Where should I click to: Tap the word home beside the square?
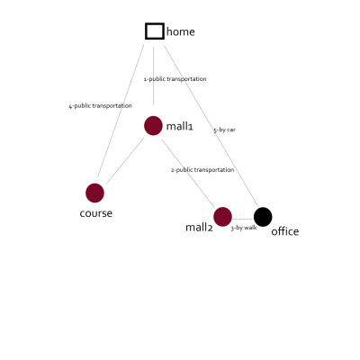pyautogui.click(x=181, y=31)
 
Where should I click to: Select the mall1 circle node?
pyautogui.click(x=153, y=126)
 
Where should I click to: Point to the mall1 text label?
pyautogui.click(x=180, y=126)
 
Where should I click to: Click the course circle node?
pyautogui.click(x=94, y=193)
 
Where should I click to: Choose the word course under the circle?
pyautogui.click(x=96, y=213)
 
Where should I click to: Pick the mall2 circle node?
pyautogui.click(x=222, y=217)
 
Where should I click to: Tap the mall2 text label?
pyautogui.click(x=199, y=228)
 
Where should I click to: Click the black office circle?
pyautogui.click(x=263, y=217)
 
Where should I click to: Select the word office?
pyautogui.click(x=285, y=231)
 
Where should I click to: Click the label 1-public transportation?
pyautogui.click(x=175, y=79)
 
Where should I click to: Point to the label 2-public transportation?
pyautogui.click(x=202, y=170)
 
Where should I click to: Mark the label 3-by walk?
pyautogui.click(x=244, y=228)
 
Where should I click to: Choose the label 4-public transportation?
pyautogui.click(x=100, y=106)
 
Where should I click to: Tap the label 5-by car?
pyautogui.click(x=224, y=130)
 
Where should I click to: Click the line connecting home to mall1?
pyautogui.click(x=154, y=76)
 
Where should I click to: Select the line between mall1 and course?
pyautogui.click(x=125, y=160)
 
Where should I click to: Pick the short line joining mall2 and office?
pyautogui.click(x=243, y=219)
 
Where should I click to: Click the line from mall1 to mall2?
pyautogui.click(x=188, y=173)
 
